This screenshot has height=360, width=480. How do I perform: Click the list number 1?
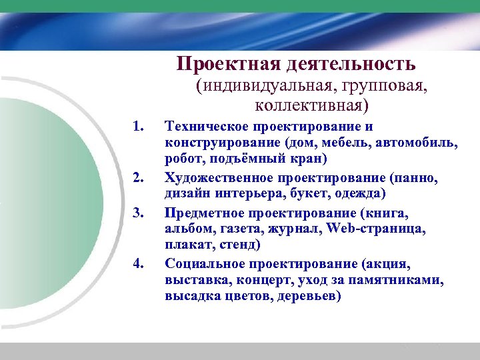click(x=139, y=126)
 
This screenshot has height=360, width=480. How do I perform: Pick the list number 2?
click(x=139, y=177)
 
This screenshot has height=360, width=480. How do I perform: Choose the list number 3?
click(x=139, y=212)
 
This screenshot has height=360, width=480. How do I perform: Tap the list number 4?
click(x=139, y=263)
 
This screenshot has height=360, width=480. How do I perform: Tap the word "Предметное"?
click(x=205, y=212)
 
